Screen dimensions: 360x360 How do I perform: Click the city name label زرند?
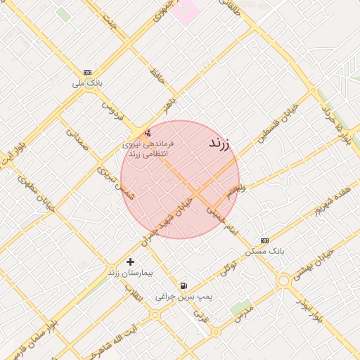point(220,144)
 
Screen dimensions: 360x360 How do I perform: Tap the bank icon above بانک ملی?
point(87,72)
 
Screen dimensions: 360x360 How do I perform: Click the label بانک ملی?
point(87,83)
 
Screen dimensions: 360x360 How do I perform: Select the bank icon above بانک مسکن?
point(264,240)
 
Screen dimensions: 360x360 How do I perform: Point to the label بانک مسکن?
point(264,251)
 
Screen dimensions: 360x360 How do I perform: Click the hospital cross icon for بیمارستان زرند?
point(130,262)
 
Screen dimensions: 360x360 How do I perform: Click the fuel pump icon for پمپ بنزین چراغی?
point(184,285)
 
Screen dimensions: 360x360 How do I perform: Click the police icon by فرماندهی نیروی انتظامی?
point(148,133)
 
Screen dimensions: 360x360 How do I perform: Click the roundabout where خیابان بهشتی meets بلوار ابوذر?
point(284,281)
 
